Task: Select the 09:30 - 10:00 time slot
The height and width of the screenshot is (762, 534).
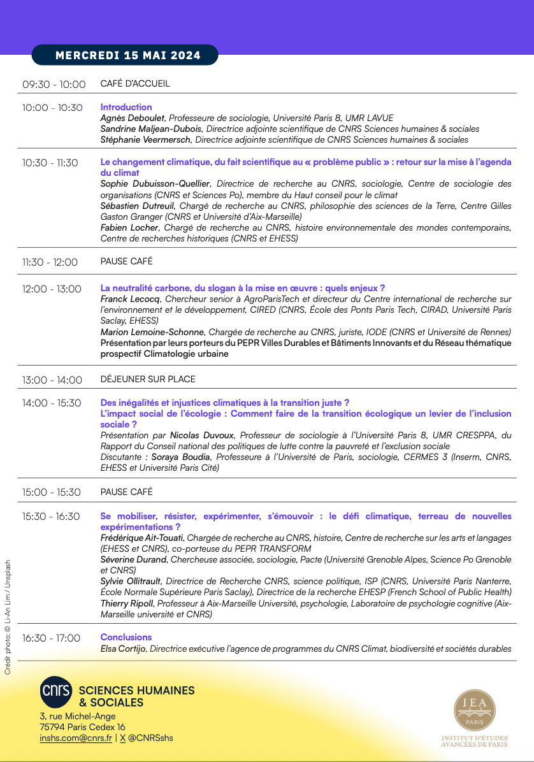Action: click(x=54, y=84)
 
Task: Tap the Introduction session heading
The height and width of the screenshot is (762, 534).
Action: click(x=126, y=107)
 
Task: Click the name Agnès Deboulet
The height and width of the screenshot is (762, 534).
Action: click(x=133, y=118)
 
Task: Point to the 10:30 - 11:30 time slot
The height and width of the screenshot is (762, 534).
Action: click(x=50, y=163)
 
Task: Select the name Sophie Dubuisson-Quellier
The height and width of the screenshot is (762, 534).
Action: click(x=155, y=183)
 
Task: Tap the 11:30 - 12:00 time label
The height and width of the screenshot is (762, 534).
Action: click(x=50, y=262)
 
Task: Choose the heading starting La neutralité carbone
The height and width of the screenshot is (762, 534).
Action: click(x=243, y=288)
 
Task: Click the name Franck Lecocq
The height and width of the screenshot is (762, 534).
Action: click(x=131, y=299)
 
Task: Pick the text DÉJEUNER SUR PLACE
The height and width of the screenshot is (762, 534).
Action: click(x=148, y=379)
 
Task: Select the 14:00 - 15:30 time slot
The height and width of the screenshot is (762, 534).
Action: click(x=52, y=403)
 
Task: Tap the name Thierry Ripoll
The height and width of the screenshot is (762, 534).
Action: click(x=127, y=603)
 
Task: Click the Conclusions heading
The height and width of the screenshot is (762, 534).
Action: click(x=126, y=637)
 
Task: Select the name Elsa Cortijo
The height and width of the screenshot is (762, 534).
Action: click(x=123, y=649)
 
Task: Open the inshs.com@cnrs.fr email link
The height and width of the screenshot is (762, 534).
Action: click(x=75, y=738)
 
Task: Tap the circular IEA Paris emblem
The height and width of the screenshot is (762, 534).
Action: click(x=474, y=710)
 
